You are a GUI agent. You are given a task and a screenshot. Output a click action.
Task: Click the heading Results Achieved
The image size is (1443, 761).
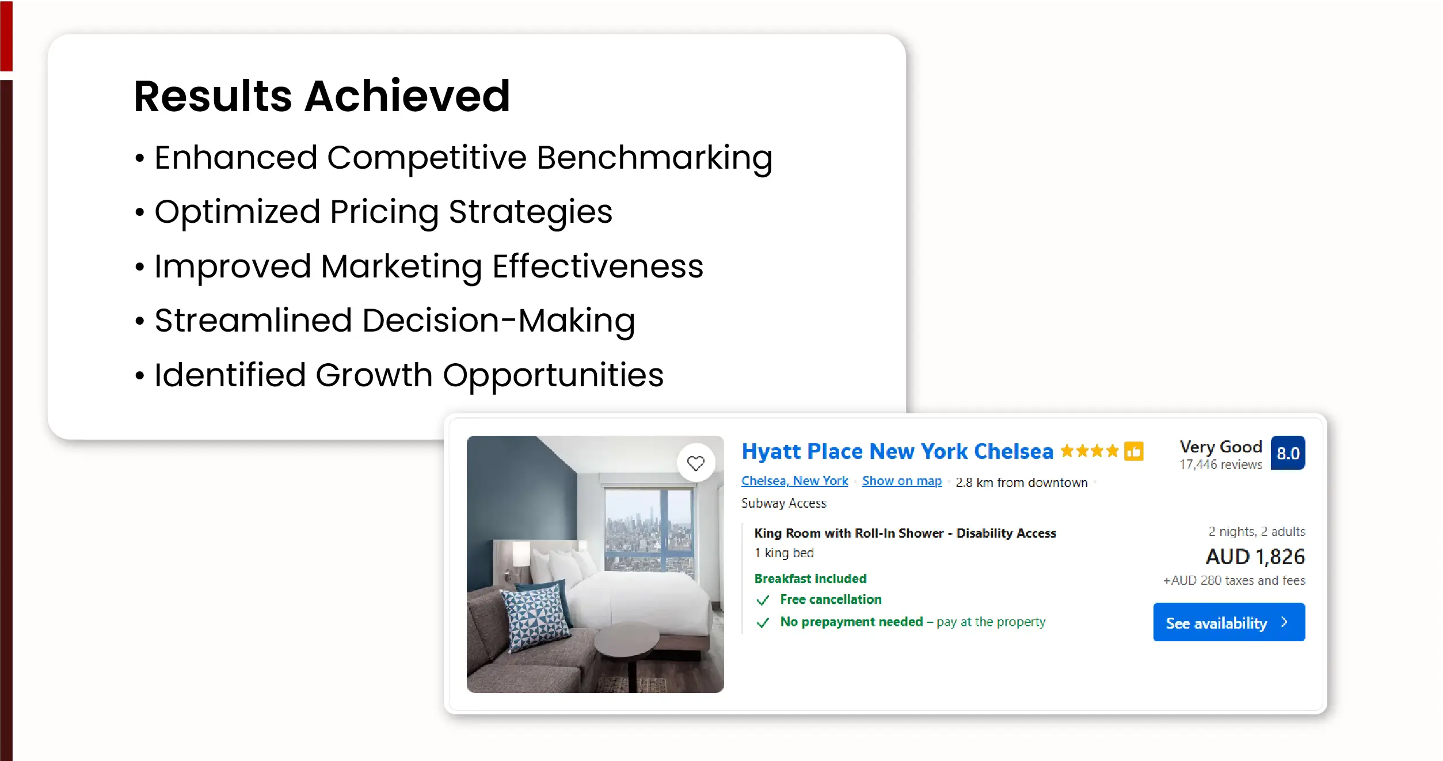[x=322, y=96]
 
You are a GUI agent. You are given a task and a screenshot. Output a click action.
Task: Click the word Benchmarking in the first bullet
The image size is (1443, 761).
[x=654, y=158]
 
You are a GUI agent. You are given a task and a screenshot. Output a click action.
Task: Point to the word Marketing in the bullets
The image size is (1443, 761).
[x=402, y=267]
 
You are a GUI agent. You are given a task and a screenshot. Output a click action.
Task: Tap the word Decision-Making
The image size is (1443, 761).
[x=498, y=321]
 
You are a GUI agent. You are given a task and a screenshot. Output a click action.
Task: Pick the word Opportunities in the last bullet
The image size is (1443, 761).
[x=553, y=376]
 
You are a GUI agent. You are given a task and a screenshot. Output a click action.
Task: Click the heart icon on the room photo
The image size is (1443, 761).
[x=696, y=463]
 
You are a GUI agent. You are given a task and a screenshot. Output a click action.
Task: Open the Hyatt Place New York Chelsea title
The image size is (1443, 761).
[x=897, y=452]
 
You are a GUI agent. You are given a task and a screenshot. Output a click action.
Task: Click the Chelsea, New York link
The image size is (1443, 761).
[x=794, y=481]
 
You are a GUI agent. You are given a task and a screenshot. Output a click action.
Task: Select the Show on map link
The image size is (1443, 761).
[x=902, y=481]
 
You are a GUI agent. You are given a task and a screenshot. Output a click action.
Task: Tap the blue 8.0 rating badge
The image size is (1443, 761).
[x=1288, y=453]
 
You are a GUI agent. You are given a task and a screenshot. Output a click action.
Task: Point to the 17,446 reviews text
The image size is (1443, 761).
[x=1221, y=465]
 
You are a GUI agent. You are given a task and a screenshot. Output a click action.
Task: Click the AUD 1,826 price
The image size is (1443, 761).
[x=1255, y=557]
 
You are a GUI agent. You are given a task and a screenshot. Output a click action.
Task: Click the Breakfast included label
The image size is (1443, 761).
[x=810, y=579]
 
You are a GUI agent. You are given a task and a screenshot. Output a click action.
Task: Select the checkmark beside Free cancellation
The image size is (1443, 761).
[x=763, y=600]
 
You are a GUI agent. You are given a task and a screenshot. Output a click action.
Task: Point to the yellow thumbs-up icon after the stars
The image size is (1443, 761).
[x=1134, y=451]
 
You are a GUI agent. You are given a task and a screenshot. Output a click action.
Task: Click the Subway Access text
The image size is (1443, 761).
[x=783, y=504]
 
